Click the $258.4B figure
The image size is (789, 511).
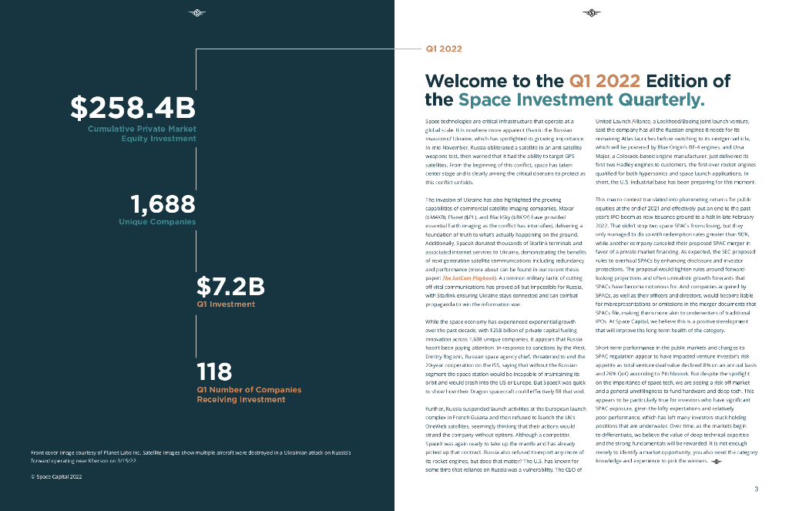tap(133, 109)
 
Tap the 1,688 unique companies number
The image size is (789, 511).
tap(163, 204)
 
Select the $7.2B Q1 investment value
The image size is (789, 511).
tap(230, 287)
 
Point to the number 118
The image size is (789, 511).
tap(214, 372)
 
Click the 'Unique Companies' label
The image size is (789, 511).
tap(157, 222)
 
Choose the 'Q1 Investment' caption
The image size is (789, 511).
tap(226, 304)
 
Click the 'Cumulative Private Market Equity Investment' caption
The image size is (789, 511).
tap(142, 133)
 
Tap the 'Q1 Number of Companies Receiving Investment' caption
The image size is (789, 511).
tap(249, 395)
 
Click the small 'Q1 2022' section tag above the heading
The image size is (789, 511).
tap(444, 49)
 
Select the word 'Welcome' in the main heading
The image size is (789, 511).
tap(468, 82)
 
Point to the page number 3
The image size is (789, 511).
tap(756, 489)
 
